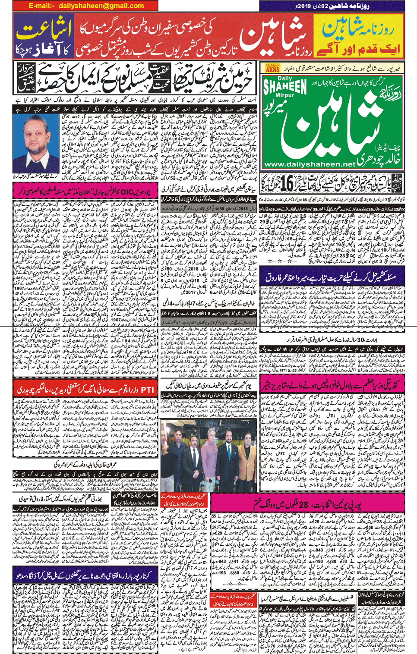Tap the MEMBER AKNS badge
point(272,67)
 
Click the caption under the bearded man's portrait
point(36,176)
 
